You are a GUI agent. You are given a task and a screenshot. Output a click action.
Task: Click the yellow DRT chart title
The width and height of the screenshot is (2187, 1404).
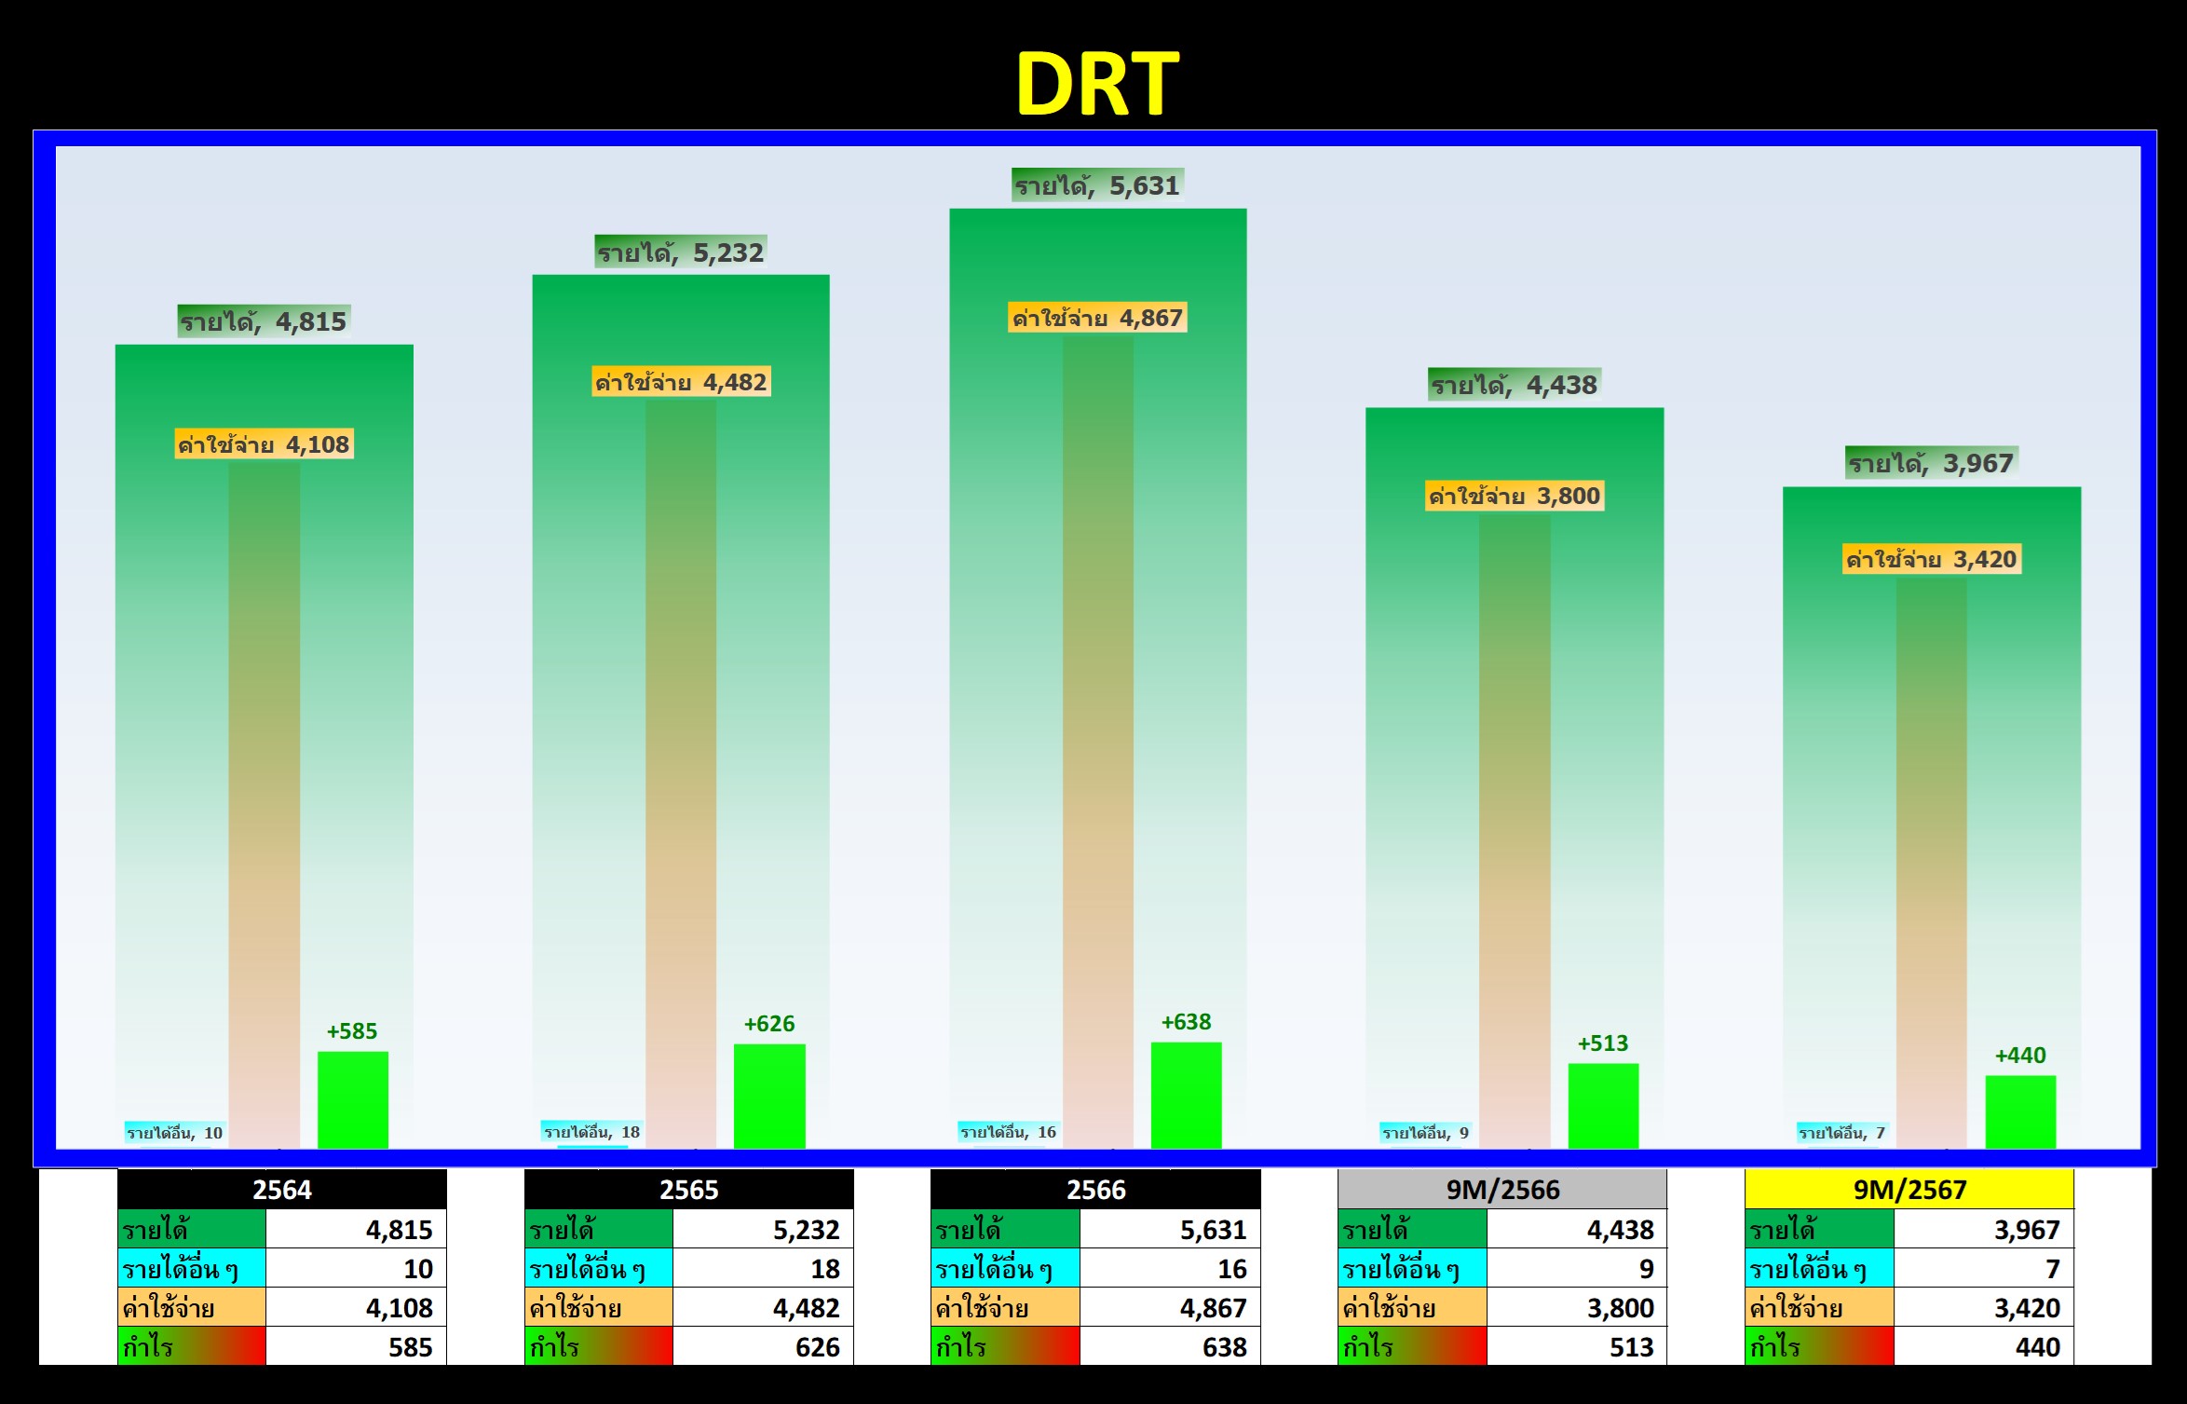(1097, 84)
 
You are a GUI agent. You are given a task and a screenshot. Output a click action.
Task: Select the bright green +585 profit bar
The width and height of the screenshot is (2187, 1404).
(353, 1100)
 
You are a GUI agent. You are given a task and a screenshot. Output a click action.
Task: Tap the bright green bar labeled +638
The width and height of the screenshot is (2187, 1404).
(1187, 1096)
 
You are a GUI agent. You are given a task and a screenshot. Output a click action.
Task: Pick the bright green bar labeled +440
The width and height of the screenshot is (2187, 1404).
(2020, 1112)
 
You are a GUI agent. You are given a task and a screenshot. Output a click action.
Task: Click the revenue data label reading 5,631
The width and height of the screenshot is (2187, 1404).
(1097, 185)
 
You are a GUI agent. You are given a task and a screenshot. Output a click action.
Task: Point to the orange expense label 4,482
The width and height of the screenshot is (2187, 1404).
(681, 382)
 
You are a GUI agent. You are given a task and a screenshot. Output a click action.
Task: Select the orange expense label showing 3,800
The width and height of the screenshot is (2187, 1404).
(1515, 496)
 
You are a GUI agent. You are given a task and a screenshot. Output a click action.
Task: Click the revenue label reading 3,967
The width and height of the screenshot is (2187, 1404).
(1931, 463)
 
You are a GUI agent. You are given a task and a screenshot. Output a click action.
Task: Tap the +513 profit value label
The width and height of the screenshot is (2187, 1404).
(1603, 1043)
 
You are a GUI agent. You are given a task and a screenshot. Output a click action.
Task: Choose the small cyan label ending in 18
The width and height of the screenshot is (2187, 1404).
(591, 1132)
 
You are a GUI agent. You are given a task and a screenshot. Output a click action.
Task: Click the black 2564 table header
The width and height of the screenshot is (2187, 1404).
(282, 1190)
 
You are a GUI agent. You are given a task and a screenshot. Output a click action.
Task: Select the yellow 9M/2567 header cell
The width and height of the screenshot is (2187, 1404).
(1909, 1190)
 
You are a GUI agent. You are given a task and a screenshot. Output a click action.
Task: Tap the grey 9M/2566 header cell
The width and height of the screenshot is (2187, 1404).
(1502, 1190)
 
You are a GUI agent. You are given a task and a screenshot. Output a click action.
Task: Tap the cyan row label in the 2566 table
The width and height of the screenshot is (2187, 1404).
(1006, 1269)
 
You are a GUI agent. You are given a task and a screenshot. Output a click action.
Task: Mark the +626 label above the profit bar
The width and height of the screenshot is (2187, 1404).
(769, 1024)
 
